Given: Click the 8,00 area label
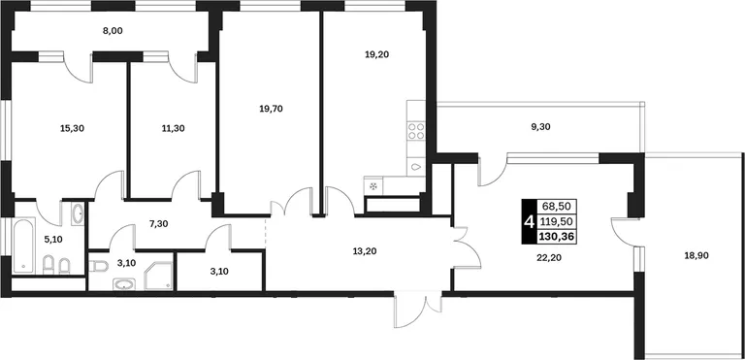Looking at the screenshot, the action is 113,31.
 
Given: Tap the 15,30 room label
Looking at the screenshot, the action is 72,128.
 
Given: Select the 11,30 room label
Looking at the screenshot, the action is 173,128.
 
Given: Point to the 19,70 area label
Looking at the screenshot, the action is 271,109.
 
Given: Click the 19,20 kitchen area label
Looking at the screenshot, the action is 376,54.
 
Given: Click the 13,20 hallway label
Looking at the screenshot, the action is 365,252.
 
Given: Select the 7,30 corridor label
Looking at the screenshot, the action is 159,223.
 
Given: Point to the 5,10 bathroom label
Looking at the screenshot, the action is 53,240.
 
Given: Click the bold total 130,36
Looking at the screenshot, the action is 557,236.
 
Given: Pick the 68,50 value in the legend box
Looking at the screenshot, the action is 557,207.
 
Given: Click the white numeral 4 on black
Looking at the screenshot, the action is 529,221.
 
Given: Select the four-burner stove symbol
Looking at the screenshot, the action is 416,131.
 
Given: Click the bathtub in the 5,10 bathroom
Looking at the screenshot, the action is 23,245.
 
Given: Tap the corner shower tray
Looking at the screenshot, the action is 159,277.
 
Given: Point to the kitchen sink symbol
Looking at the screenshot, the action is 416,167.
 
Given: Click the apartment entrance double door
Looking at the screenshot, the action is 418,311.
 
